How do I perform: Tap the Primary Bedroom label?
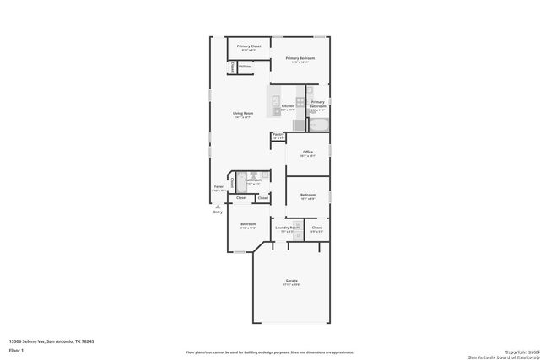pos(300,58)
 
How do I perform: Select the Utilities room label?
pos(245,66)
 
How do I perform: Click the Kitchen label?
pos(288,106)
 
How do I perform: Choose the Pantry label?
pos(278,135)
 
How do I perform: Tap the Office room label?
pos(308,153)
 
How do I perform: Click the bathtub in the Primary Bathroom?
pos(318,125)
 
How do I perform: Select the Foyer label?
pos(218,188)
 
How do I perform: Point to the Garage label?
pos(291,281)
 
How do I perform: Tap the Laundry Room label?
pos(288,228)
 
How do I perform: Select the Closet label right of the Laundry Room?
pos(316,228)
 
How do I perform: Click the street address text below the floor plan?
pos(51,341)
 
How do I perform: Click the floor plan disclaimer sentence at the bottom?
pos(269,352)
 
